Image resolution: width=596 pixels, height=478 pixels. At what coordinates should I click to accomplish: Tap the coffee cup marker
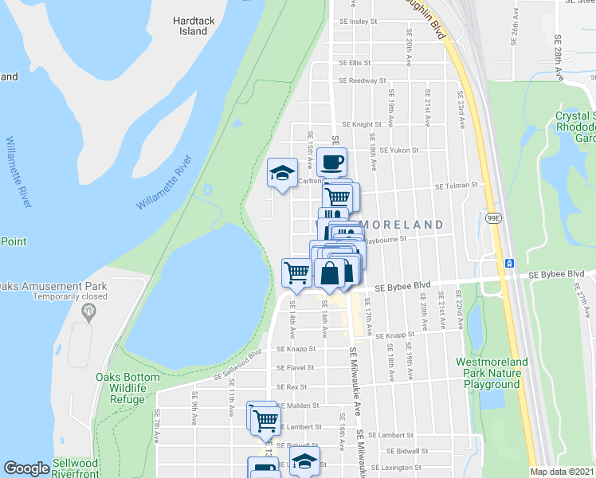click(x=332, y=163)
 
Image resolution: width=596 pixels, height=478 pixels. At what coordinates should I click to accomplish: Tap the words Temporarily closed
click(x=70, y=296)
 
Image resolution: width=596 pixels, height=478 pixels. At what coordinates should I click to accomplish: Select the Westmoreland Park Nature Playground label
click(x=492, y=373)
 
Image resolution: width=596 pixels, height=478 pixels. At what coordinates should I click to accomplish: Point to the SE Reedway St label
click(x=362, y=80)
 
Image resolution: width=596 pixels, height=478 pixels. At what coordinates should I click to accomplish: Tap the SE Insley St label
click(x=363, y=22)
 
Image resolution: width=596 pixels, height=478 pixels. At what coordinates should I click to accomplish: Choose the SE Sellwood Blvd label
click(x=237, y=366)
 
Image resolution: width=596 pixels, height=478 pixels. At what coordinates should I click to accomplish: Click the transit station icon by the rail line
click(x=508, y=263)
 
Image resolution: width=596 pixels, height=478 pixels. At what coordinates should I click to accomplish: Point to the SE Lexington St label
click(x=400, y=468)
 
